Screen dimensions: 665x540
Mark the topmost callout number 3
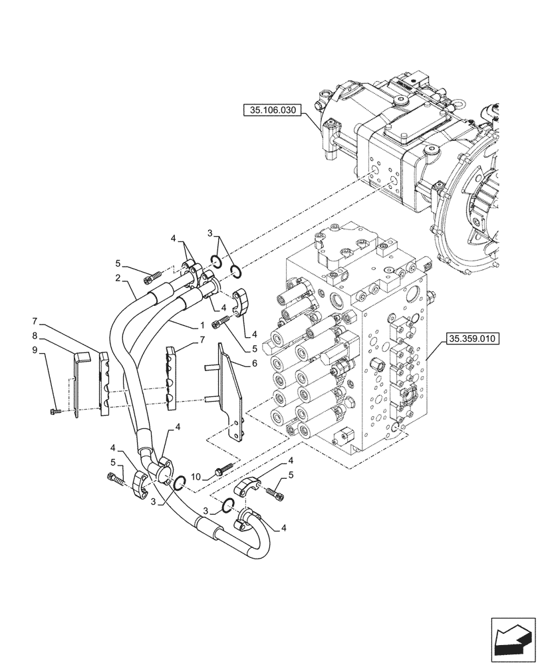(211, 234)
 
